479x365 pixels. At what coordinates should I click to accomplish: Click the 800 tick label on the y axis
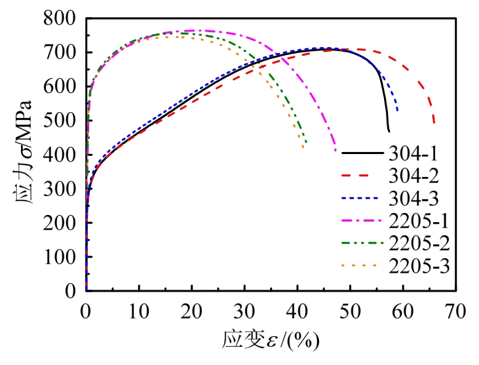tap(63, 18)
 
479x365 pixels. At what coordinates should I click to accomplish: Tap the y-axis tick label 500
tap(63, 121)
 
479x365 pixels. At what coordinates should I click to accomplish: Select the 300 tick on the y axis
tap(63, 189)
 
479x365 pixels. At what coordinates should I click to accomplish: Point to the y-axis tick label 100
tap(63, 257)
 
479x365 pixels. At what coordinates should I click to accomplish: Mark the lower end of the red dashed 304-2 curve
tap(434, 123)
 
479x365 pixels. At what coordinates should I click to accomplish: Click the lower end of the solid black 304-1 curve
tap(389, 130)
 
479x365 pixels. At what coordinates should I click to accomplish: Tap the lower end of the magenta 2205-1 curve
tap(335, 150)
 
